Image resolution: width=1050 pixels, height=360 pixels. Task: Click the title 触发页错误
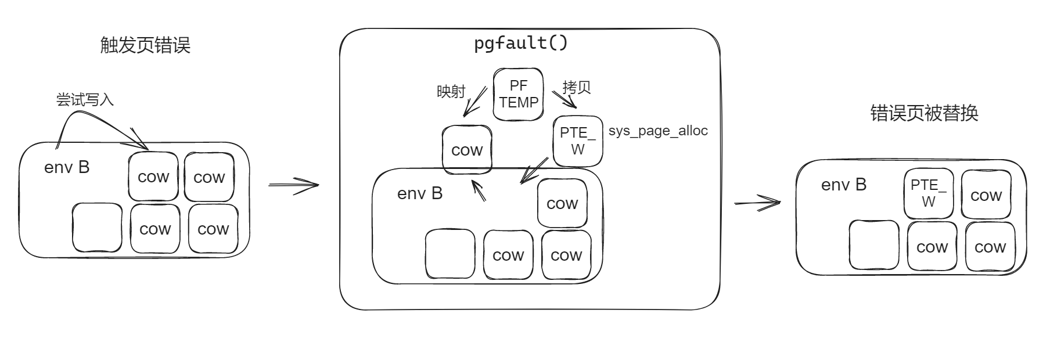tap(145, 45)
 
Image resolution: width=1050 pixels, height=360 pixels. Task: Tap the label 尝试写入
tap(85, 100)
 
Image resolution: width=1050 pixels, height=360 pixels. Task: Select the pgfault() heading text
tap(521, 43)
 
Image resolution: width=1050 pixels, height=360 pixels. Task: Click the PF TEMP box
tap(519, 95)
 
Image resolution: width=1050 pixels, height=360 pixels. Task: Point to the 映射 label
tap(451, 92)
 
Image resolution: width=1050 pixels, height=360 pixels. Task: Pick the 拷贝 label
tap(577, 87)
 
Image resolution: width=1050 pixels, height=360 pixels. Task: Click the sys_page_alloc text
tap(658, 131)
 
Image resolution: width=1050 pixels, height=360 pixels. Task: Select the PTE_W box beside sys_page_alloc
tap(578, 141)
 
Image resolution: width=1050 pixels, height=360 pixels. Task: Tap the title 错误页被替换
tap(924, 113)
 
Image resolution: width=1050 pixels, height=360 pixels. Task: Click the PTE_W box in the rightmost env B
tap(929, 193)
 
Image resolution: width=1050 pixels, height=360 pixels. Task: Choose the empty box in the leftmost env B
tap(97, 228)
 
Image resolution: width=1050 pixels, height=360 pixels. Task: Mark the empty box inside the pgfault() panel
tap(450, 254)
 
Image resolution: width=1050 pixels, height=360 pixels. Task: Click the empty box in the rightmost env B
tap(874, 245)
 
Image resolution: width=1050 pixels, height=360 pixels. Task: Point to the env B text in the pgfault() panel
tap(420, 193)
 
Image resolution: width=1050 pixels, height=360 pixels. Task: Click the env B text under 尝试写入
tap(67, 167)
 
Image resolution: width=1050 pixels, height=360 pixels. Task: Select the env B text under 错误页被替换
tap(844, 185)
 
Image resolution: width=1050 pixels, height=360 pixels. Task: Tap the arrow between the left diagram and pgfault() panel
tap(294, 185)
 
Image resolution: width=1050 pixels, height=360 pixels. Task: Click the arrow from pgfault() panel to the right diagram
tap(757, 203)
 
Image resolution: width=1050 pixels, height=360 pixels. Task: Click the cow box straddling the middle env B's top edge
tap(467, 150)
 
